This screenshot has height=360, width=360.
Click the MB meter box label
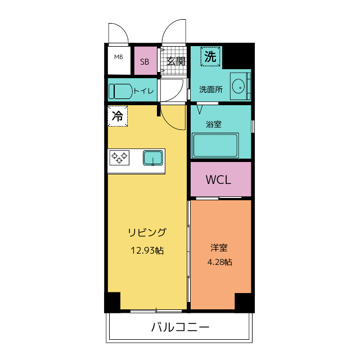(119, 57)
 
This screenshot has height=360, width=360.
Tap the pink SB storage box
(145, 61)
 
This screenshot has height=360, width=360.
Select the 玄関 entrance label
(176, 61)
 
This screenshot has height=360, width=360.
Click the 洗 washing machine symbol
(210, 56)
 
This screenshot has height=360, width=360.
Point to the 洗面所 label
(211, 89)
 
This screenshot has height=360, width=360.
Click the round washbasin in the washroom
(238, 87)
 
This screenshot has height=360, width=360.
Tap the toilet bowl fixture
(120, 91)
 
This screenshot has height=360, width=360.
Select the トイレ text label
(144, 90)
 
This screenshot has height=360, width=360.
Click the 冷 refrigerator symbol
(118, 116)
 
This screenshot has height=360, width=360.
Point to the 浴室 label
(213, 124)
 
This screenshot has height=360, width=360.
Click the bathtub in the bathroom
(215, 146)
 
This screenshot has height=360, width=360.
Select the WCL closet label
(219, 180)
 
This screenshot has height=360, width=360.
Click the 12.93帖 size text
(147, 250)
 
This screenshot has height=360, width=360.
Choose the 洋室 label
(219, 247)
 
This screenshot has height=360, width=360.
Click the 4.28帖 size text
(219, 262)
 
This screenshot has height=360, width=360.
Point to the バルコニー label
(180, 327)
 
